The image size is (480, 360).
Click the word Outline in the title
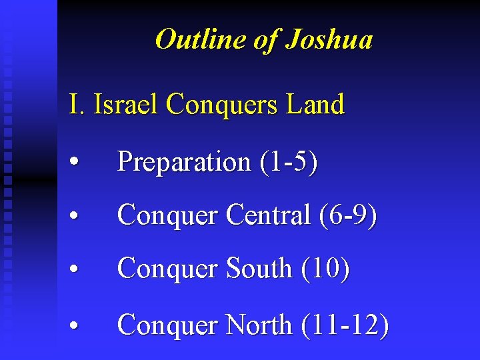(x=201, y=39)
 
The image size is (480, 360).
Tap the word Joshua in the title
(x=329, y=39)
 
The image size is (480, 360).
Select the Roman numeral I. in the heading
(x=77, y=105)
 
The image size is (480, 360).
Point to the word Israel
(x=127, y=105)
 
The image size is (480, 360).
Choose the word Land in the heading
(x=317, y=105)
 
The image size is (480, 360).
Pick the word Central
(x=268, y=215)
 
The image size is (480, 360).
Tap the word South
(x=259, y=269)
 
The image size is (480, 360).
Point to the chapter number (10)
(x=325, y=269)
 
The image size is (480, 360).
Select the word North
(x=259, y=325)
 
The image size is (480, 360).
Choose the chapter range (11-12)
(x=345, y=325)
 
